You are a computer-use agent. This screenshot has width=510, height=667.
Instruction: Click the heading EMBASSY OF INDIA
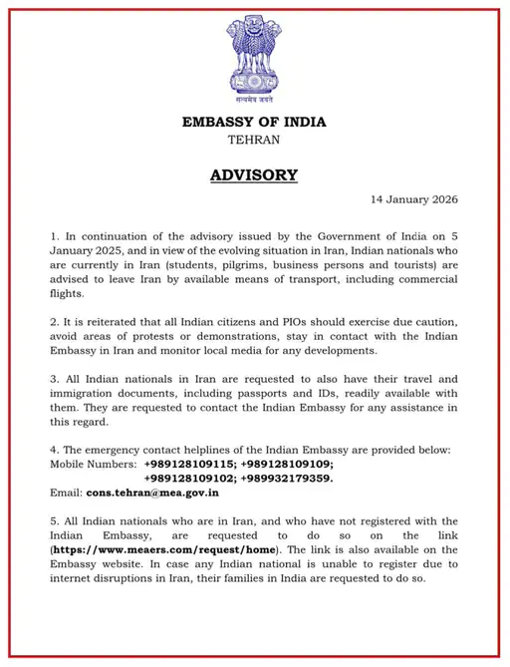click(x=254, y=123)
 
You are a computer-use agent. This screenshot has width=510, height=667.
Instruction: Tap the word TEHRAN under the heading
click(x=254, y=140)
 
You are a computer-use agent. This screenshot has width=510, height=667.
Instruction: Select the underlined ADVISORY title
click(x=254, y=175)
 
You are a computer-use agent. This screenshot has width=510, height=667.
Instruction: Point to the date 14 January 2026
click(x=413, y=199)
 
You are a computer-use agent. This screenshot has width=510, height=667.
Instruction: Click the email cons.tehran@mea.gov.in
click(x=152, y=493)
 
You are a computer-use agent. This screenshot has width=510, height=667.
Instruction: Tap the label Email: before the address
click(x=66, y=493)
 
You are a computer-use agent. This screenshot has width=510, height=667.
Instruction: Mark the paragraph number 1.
click(x=54, y=236)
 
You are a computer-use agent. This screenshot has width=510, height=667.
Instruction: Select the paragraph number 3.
click(x=54, y=379)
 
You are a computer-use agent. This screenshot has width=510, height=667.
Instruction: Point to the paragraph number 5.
click(x=54, y=520)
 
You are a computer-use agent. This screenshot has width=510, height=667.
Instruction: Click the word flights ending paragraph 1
click(x=69, y=294)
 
